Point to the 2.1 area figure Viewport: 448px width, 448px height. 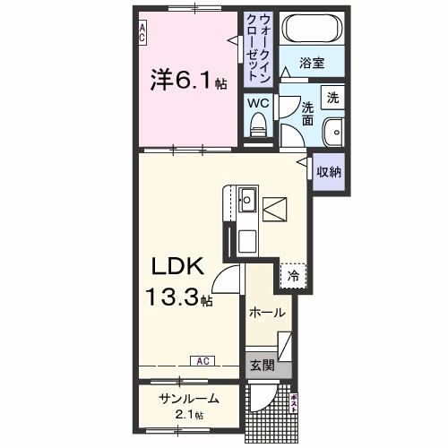187,415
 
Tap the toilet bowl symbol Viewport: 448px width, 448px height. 258,128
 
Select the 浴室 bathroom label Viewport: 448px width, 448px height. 311,65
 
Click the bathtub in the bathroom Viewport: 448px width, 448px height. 313,30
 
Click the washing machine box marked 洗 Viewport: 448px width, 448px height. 332,96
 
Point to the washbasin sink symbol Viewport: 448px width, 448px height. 333,129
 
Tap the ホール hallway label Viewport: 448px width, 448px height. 267,313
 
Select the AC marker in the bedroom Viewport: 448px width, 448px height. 142,34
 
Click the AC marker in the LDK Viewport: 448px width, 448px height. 202,361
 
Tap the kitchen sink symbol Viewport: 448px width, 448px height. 247,198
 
